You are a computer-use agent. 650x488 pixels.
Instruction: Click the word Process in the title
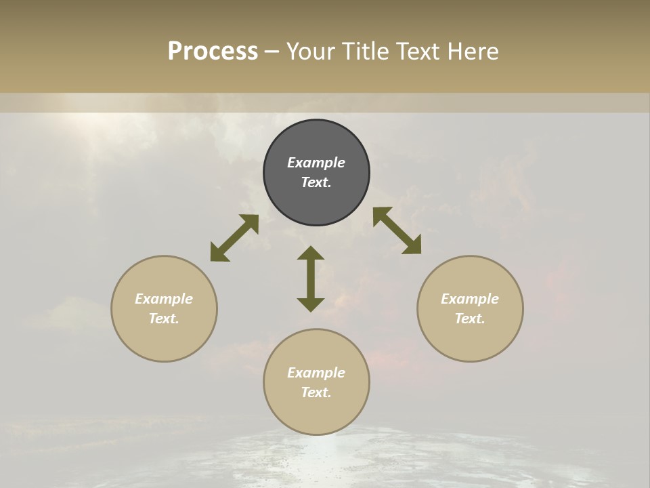[213, 52]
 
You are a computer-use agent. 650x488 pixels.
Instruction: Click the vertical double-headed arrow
[311, 279]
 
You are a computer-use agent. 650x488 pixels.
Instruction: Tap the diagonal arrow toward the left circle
[234, 238]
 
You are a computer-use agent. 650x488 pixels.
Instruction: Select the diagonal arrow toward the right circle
[397, 230]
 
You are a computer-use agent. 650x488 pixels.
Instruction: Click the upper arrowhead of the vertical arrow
[311, 253]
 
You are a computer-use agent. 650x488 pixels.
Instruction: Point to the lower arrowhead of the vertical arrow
[311, 304]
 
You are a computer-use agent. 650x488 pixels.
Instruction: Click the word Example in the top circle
[316, 163]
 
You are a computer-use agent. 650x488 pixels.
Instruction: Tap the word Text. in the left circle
[164, 319]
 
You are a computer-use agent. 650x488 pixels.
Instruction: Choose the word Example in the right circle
[470, 299]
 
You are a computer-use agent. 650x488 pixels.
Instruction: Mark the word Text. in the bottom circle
[316, 392]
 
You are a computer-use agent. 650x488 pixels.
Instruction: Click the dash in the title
[272, 52]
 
